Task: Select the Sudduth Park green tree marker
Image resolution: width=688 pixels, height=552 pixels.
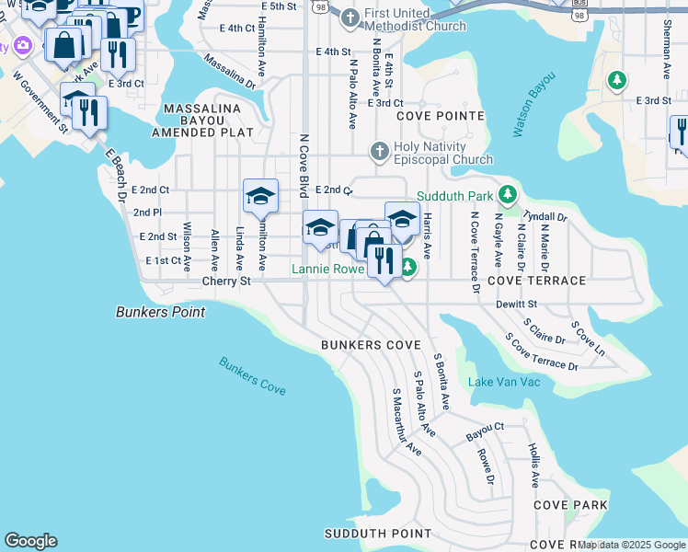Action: pos(506,195)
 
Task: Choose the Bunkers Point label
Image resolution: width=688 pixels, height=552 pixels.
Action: pos(160,312)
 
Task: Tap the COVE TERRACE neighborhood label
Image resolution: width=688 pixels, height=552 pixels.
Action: pos(537,281)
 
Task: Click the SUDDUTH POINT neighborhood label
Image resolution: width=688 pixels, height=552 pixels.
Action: pos(366,534)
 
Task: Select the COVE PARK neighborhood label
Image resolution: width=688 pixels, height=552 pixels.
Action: pos(570,505)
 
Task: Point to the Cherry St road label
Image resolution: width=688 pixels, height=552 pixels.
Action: pos(226,281)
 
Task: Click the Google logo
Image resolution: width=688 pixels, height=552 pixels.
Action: pos(30,541)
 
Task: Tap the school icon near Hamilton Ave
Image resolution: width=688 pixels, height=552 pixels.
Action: pos(260,196)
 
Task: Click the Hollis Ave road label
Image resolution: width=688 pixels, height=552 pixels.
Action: pos(533,465)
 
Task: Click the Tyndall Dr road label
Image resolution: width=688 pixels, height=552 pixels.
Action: pos(545,215)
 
